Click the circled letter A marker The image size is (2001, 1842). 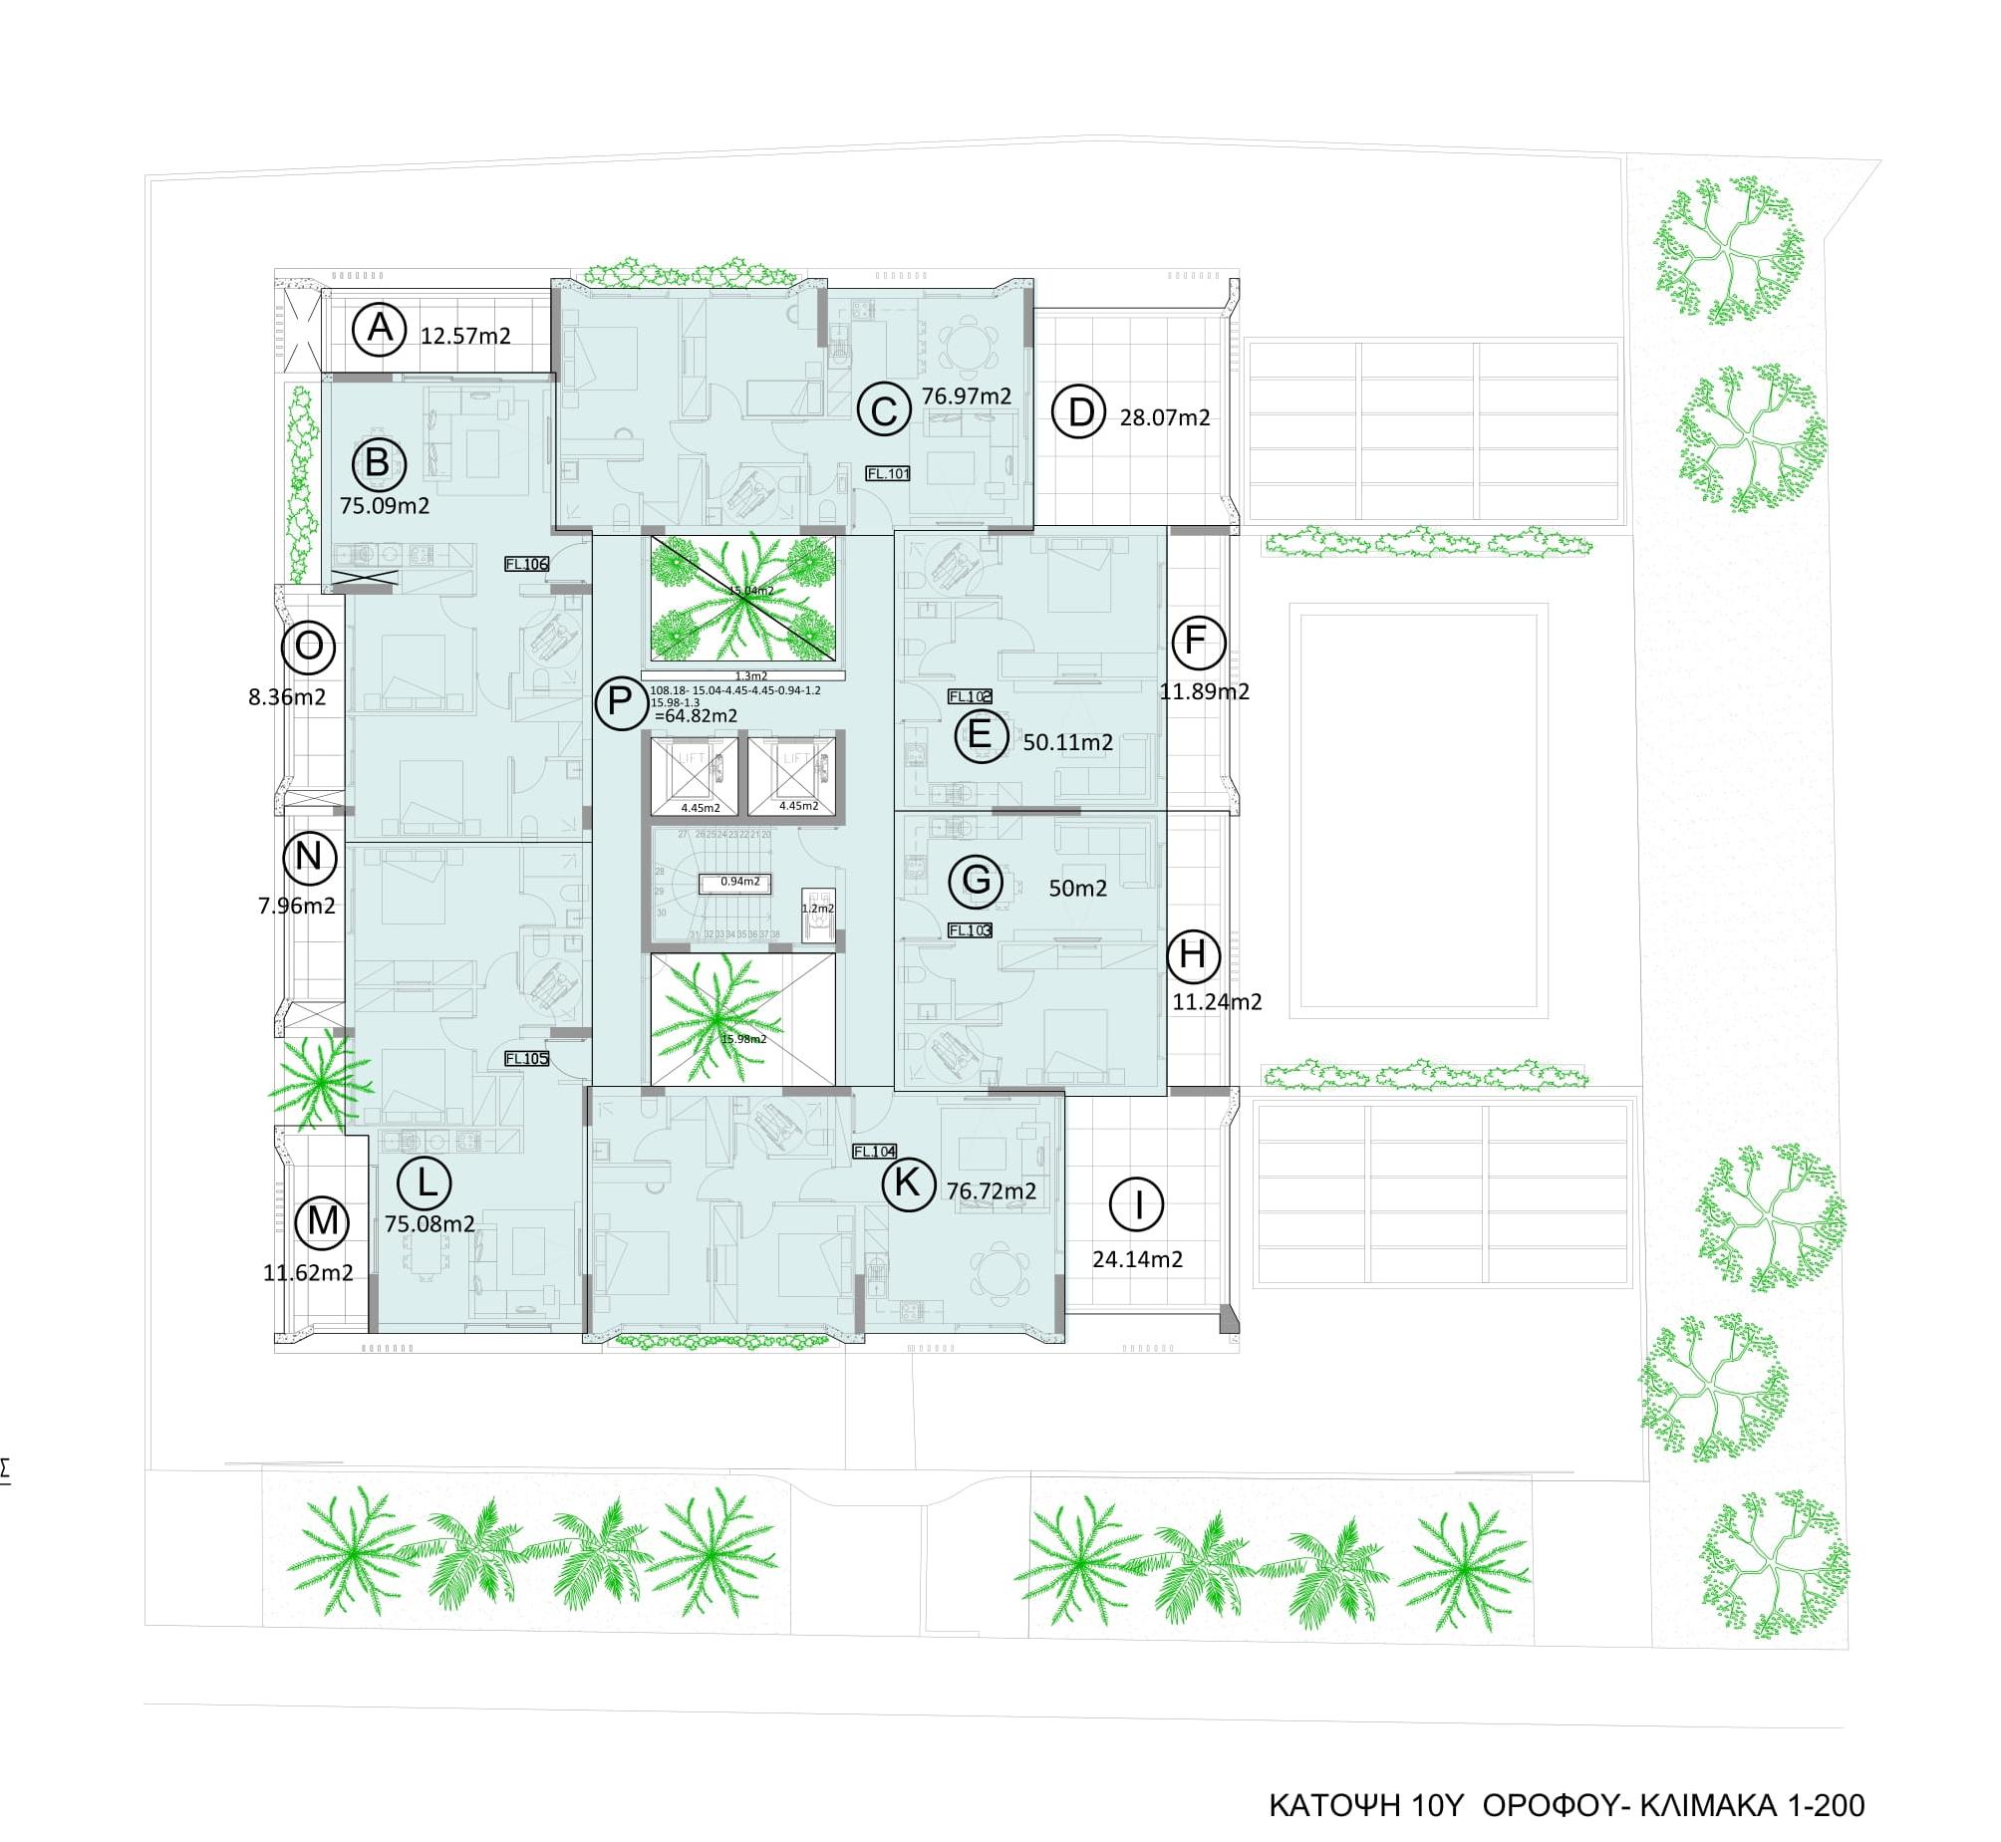click(379, 328)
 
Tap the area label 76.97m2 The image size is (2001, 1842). click(965, 395)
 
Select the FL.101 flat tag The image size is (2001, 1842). click(886, 473)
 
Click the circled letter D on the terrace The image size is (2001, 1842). click(1080, 411)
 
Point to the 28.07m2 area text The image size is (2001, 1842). click(1164, 417)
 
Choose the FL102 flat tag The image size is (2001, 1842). click(969, 696)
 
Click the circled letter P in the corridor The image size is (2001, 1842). click(620, 702)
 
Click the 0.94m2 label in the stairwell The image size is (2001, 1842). click(739, 881)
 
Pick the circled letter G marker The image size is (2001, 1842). click(975, 880)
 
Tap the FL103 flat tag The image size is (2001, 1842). click(969, 930)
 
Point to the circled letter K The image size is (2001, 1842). click(907, 1184)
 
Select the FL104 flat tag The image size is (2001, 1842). click(874, 1152)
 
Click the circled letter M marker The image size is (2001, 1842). click(322, 1221)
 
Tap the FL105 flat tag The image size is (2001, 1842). click(526, 1059)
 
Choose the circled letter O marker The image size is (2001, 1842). click(308, 647)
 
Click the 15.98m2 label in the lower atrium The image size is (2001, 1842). click(743, 1039)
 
